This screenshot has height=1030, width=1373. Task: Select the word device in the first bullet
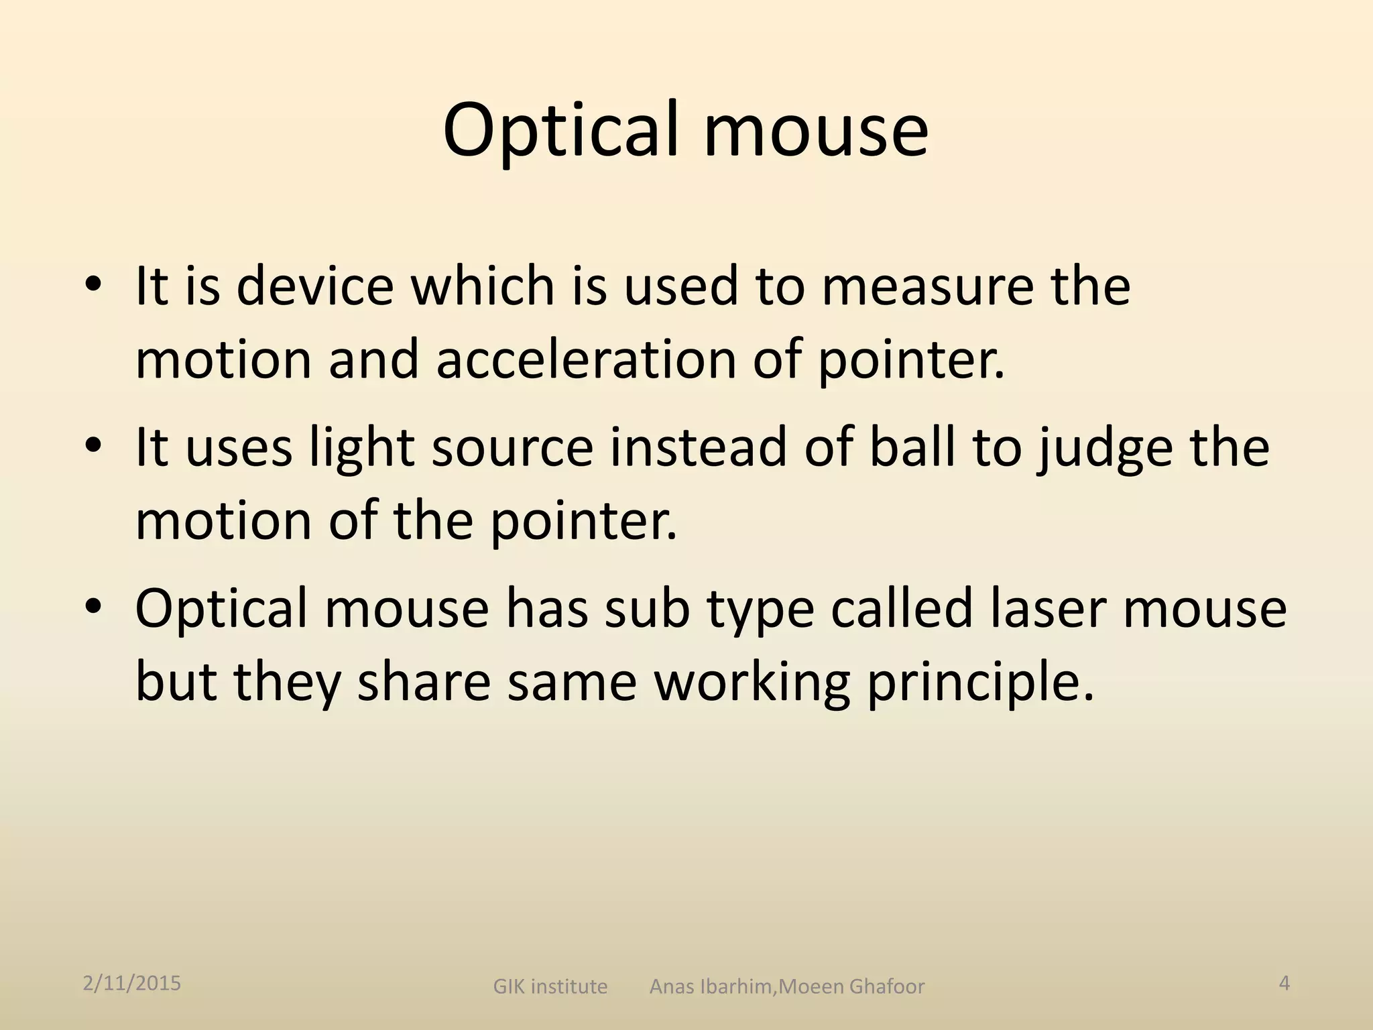(x=314, y=286)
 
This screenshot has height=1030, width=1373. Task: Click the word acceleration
(x=586, y=359)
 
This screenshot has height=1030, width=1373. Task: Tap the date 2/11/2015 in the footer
(x=132, y=983)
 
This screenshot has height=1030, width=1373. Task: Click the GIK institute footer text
(x=550, y=986)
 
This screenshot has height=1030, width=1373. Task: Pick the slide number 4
(x=1285, y=983)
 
